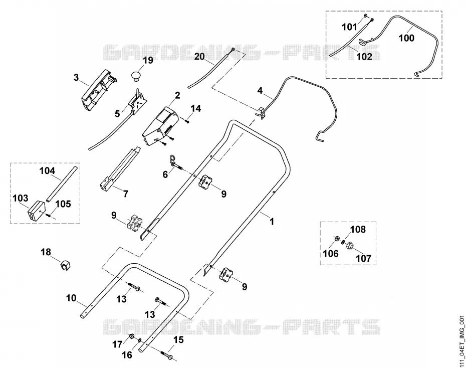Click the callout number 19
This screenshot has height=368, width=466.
pyautogui.click(x=148, y=60)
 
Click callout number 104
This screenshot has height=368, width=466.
pyautogui.click(x=48, y=171)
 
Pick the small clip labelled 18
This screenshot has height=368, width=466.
pyautogui.click(x=65, y=265)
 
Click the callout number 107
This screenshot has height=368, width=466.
pyautogui.click(x=364, y=258)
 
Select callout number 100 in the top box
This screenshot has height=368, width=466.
pyautogui.click(x=406, y=38)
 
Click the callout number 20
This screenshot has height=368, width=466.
pyautogui.click(x=200, y=56)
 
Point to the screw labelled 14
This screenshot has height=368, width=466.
pyautogui.click(x=186, y=121)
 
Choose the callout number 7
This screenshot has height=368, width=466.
pyautogui.click(x=126, y=194)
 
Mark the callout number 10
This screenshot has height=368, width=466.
pyautogui.click(x=71, y=298)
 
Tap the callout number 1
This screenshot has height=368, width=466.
pyautogui.click(x=272, y=222)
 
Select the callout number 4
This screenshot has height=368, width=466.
pyautogui.click(x=260, y=90)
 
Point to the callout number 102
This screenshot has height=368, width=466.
pyautogui.click(x=364, y=57)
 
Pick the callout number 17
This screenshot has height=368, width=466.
pyautogui.click(x=117, y=344)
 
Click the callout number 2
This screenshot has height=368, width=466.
pyautogui.click(x=177, y=95)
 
